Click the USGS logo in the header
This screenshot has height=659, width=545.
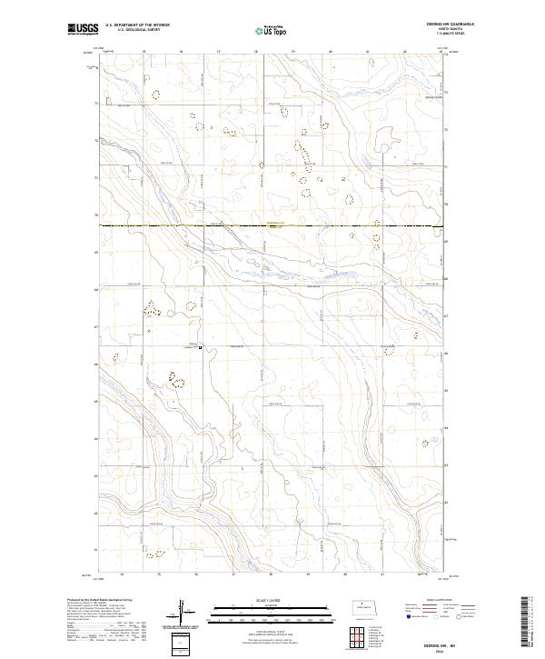pos(83,30)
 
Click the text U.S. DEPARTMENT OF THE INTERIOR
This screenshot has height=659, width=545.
pos(139,25)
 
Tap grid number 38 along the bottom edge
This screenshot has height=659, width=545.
pos(271,575)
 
